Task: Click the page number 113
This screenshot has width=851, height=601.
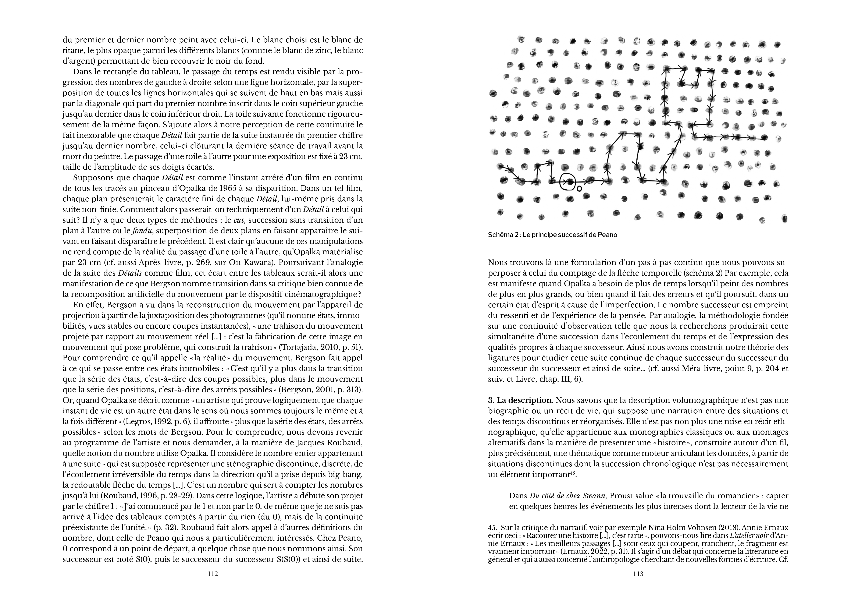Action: point(638,574)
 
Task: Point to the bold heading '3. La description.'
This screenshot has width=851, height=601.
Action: point(521,400)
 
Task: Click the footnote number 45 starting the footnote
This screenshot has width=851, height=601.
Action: point(492,528)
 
